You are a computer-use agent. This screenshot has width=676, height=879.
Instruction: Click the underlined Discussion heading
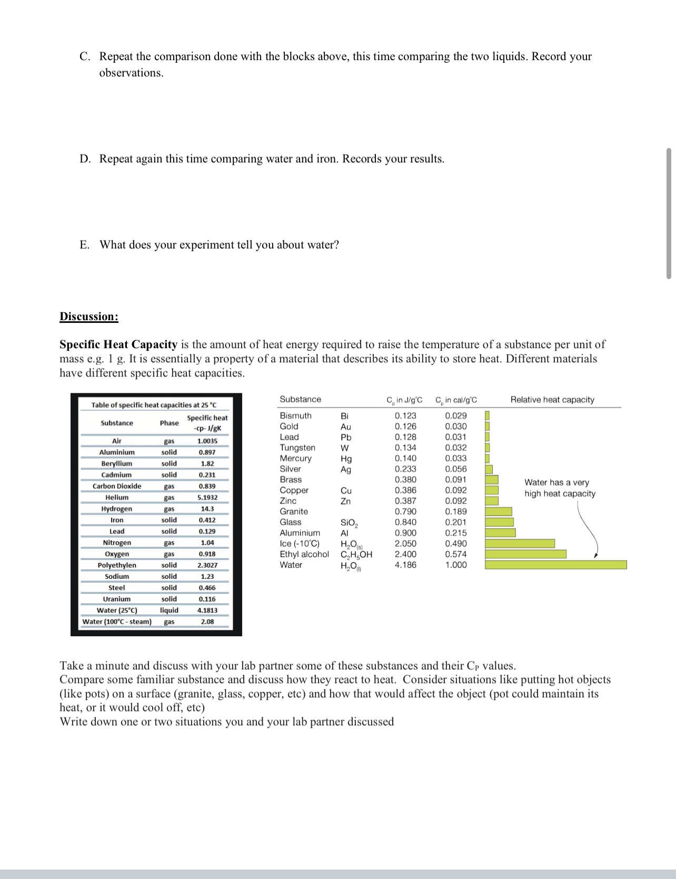pos(89,317)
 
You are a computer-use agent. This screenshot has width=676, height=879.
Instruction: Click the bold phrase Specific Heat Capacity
pos(118,344)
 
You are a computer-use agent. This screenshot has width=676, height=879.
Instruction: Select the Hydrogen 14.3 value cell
pos(207,509)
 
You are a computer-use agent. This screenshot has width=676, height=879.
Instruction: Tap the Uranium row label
pos(116,599)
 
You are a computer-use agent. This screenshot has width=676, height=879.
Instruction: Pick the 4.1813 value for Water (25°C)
pos(207,610)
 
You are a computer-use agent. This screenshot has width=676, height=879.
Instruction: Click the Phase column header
pos(169,423)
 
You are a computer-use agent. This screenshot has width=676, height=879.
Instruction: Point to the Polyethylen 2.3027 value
pos(207,565)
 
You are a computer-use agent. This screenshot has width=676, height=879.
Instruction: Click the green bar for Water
pos(555,565)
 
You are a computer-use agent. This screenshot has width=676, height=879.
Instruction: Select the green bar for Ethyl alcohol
pos(525,554)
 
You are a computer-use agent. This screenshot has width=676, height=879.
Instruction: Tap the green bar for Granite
pos(498,511)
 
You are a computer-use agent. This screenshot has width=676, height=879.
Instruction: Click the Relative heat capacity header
pos(552,400)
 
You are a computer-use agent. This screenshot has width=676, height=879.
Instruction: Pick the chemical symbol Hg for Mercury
pos(346,459)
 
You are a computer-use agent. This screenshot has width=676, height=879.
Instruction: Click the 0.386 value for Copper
pos(405,490)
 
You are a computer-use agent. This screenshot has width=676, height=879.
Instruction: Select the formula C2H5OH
pos(356,554)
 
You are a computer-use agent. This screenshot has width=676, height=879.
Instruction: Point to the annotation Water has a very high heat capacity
pos(559,488)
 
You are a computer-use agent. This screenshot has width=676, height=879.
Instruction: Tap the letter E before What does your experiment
pos(84,245)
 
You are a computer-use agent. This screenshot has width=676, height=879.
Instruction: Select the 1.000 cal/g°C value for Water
pos(455,565)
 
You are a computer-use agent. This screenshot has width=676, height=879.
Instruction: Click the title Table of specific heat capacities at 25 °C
pos(154,405)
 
